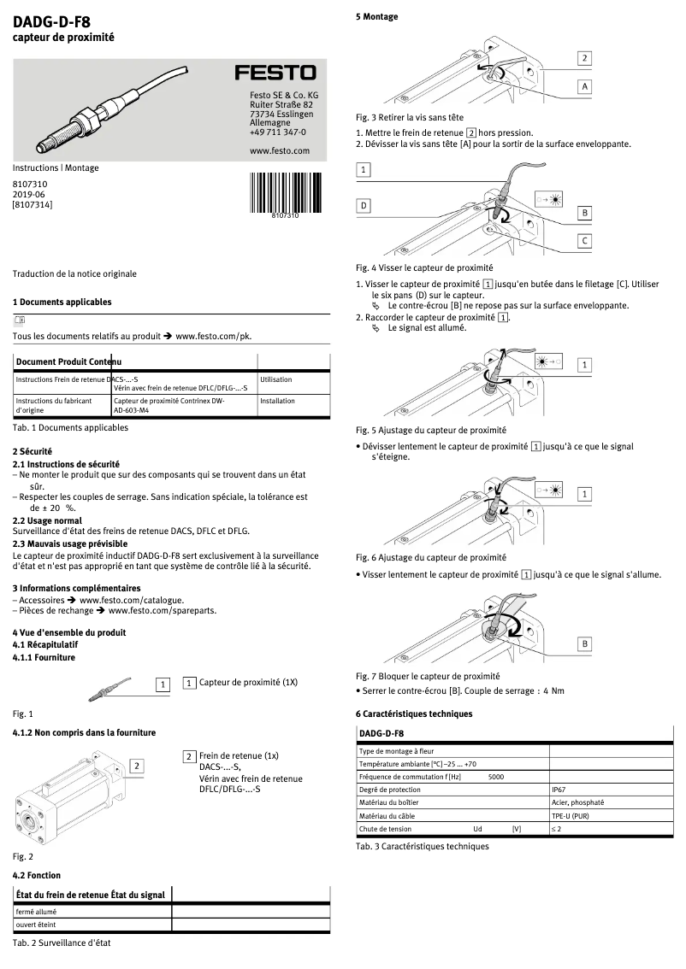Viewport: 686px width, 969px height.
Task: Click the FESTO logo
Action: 275,73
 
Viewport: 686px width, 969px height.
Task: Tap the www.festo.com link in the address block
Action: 279,150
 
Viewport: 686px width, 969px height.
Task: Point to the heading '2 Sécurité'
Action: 33,450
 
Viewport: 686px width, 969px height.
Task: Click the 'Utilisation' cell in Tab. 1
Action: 275,379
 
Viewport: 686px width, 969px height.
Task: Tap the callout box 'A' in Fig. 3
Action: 584,86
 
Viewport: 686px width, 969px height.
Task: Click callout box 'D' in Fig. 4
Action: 364,206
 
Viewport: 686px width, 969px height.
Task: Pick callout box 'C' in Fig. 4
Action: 584,241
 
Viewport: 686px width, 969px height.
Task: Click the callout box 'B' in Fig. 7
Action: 584,643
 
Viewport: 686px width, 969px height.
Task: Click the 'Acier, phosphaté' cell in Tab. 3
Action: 578,803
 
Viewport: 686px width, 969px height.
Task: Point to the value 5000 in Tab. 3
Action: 495,778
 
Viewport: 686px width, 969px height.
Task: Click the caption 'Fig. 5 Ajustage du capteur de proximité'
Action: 430,430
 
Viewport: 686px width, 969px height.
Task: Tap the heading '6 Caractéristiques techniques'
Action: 413,714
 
